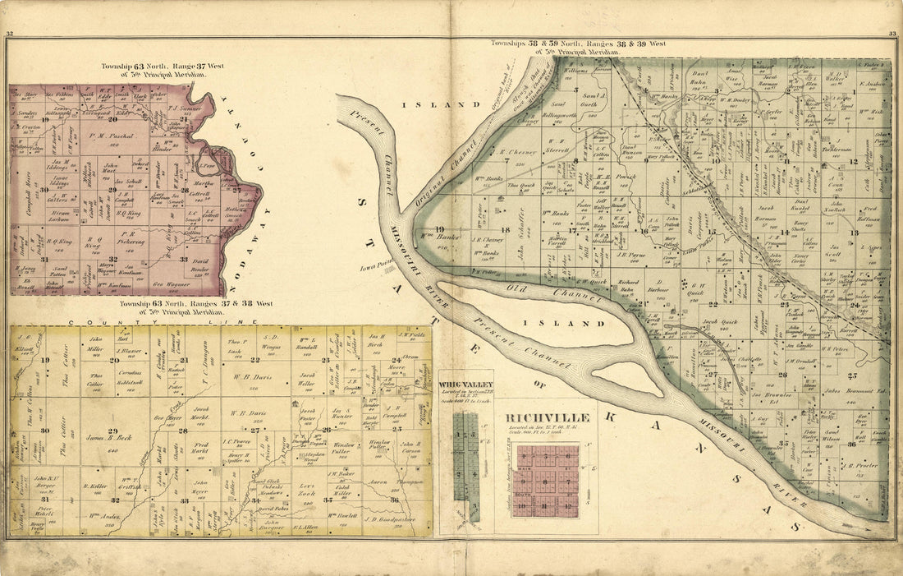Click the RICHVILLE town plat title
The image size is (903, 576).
(548, 417)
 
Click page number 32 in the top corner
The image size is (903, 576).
(9, 34)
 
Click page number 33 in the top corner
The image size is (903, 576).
(892, 34)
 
